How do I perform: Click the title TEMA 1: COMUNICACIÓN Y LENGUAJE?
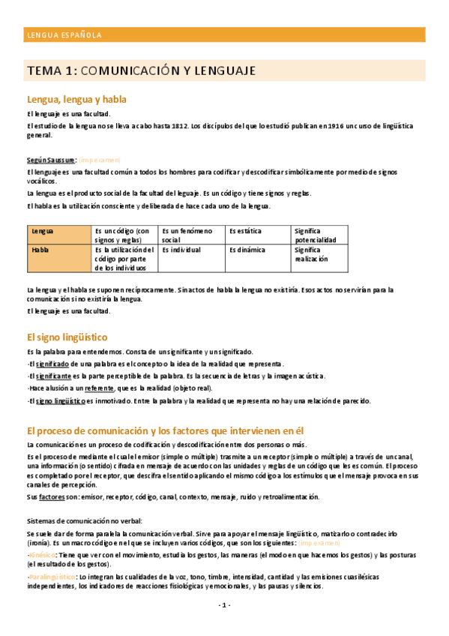[141, 71]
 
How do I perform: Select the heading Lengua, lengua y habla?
[76, 99]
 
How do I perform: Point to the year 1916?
[334, 127]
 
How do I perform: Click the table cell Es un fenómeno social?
[191, 235]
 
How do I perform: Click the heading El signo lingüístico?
[67, 337]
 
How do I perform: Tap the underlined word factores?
[52, 496]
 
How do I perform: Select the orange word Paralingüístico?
[54, 577]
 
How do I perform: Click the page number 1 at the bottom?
[224, 604]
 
